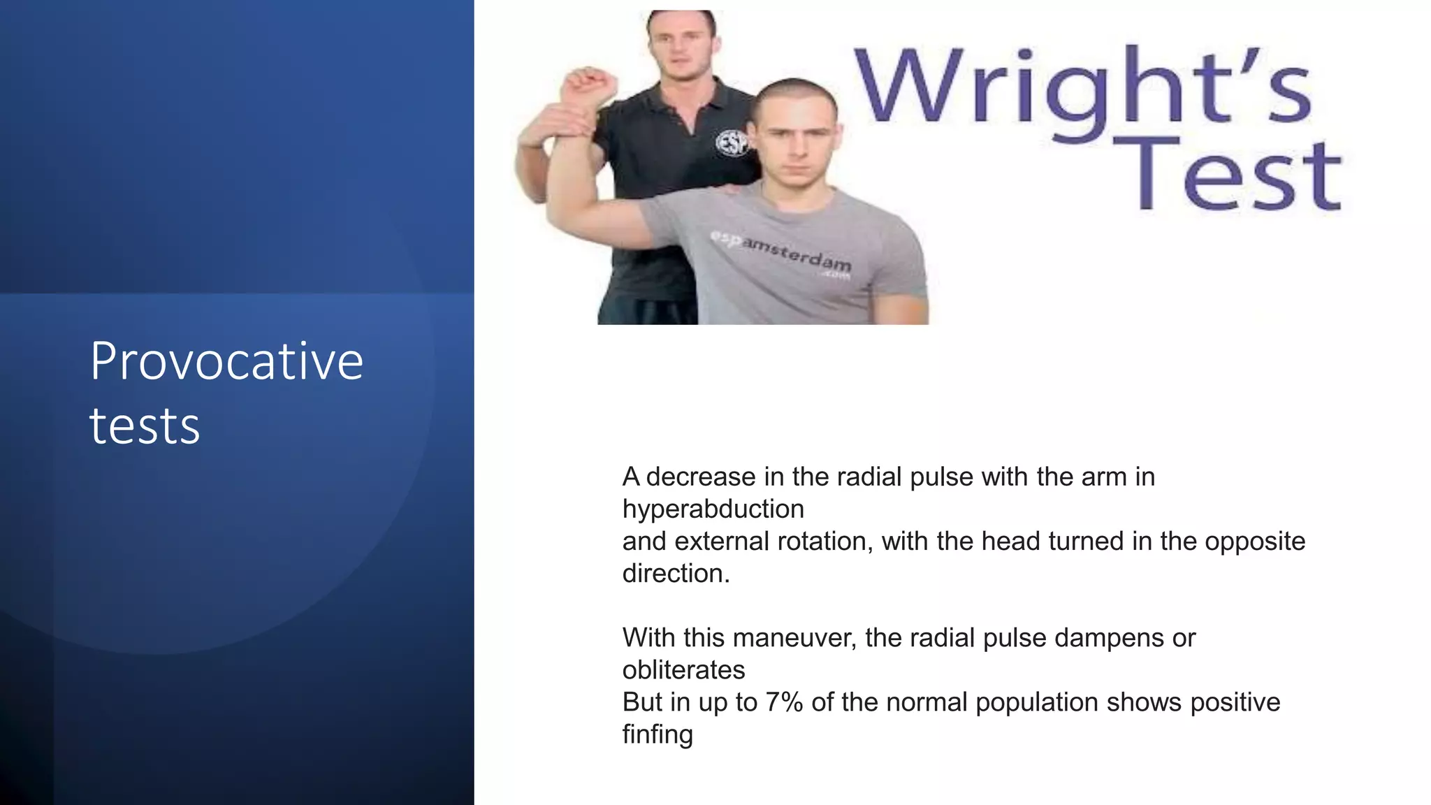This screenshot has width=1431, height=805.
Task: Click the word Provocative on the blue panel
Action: coord(226,361)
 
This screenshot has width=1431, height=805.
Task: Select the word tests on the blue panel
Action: coord(145,426)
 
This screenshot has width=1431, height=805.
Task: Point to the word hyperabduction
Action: coord(713,509)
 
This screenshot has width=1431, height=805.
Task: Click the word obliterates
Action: coord(683,669)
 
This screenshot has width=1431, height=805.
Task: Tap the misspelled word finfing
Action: coord(658,734)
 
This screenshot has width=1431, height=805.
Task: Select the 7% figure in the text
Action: coord(784,702)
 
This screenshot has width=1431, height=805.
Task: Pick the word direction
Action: coord(676,573)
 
